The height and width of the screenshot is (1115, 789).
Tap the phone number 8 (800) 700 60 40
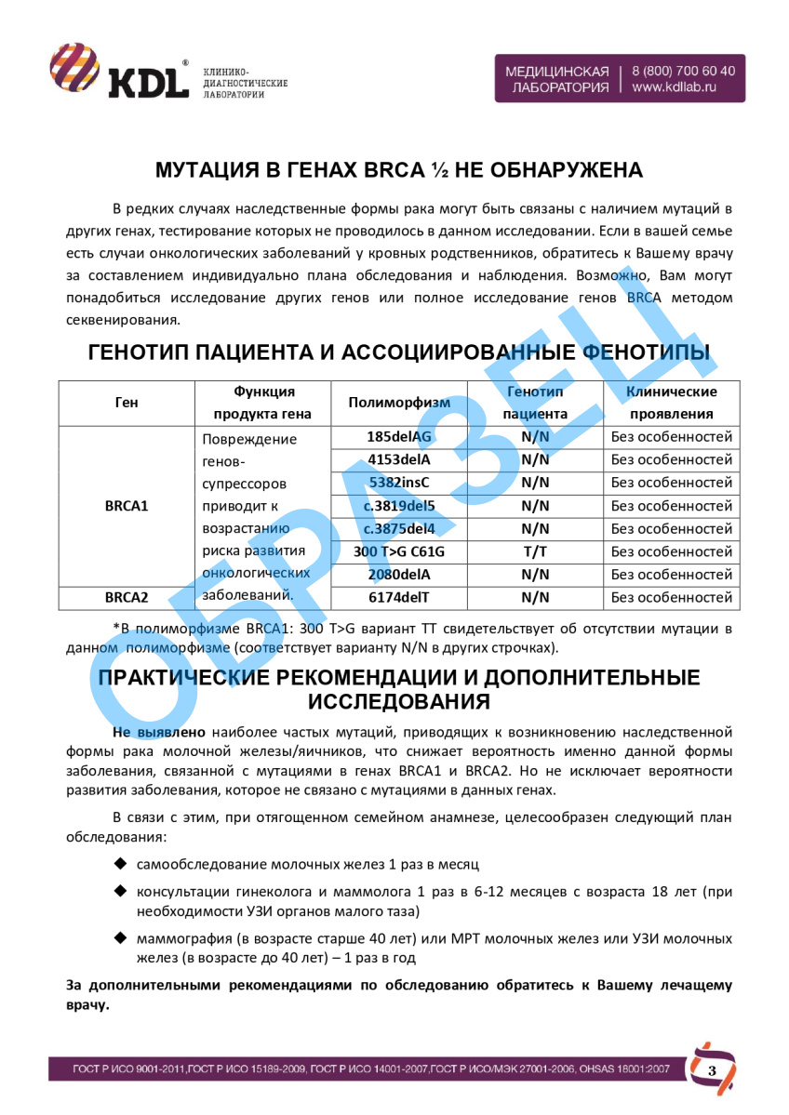[x=684, y=71]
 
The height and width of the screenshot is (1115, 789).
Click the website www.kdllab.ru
[x=675, y=87]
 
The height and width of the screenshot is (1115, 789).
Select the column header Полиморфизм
[x=399, y=403]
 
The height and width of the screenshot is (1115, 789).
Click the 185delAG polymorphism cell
[x=399, y=436]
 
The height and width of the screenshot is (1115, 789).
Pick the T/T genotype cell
[x=535, y=551]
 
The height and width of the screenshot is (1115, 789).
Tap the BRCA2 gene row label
[x=127, y=597]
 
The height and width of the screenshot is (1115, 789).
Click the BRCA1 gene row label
[x=127, y=506]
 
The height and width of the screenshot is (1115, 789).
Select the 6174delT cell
[x=399, y=597]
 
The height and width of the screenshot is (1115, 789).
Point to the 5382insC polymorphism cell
[x=399, y=483]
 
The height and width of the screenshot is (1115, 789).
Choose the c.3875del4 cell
[x=399, y=528]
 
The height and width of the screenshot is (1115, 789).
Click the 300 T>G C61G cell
[x=399, y=551]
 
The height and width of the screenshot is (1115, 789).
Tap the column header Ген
[x=127, y=403]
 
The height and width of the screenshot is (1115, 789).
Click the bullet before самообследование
[x=119, y=864]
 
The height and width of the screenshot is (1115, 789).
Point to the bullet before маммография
[x=119, y=937]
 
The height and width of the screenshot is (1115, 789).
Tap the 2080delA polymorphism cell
[x=399, y=575]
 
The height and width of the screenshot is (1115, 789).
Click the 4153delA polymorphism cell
[x=399, y=459]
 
